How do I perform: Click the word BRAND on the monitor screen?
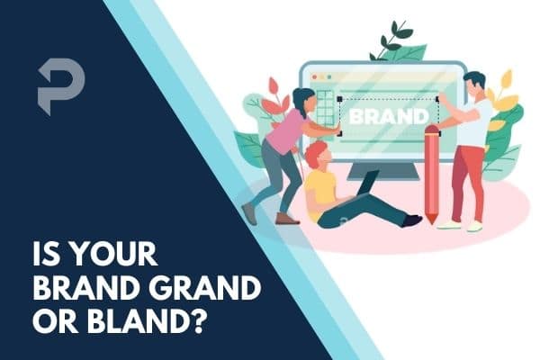pyautogui.click(x=388, y=116)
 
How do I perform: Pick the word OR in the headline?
pyautogui.click(x=56, y=319)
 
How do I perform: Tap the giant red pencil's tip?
pyautogui.click(x=430, y=220)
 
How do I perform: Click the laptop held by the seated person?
pyautogui.click(x=364, y=186)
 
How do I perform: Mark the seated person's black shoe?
pyautogui.click(x=412, y=220)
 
